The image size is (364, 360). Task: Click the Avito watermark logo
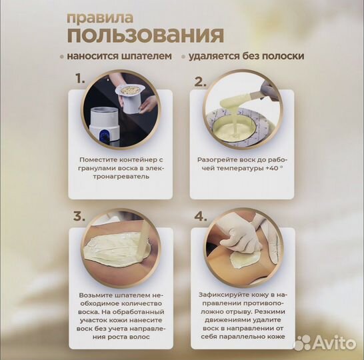point(323,342)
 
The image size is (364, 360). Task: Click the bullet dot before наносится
point(61,57)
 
